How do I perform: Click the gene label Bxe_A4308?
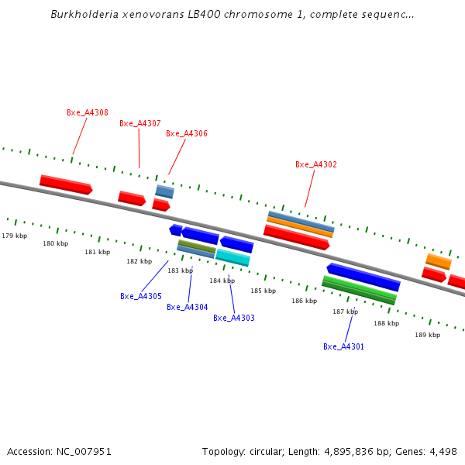[87, 112]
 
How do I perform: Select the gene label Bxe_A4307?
[139, 123]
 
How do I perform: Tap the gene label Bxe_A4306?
[186, 133]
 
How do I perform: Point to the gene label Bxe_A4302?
[315, 164]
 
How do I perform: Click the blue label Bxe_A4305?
[140, 296]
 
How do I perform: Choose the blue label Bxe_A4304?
[187, 307]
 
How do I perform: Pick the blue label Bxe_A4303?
[233, 318]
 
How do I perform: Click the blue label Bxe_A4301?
[343, 346]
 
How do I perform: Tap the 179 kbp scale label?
[14, 236]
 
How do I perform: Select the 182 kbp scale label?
[139, 261]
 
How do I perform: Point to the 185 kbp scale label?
[263, 291]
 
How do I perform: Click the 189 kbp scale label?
[427, 335]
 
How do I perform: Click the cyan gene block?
[232, 257]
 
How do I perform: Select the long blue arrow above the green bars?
[363, 277]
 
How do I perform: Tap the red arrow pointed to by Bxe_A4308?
[66, 184]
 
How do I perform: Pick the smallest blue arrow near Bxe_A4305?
[176, 229]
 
